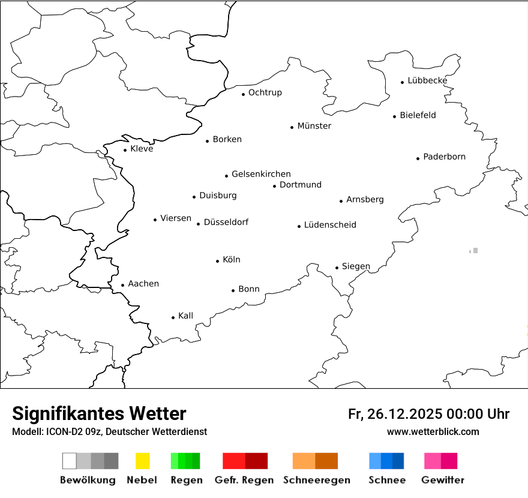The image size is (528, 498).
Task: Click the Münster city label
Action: click(x=314, y=126)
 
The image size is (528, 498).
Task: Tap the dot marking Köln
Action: click(x=217, y=261)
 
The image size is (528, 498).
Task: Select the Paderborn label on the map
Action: click(x=444, y=157)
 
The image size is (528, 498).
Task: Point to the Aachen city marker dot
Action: click(x=122, y=286)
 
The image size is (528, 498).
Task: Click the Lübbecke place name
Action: click(x=427, y=80)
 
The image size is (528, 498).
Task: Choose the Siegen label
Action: click(x=356, y=266)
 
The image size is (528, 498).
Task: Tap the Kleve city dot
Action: click(x=125, y=150)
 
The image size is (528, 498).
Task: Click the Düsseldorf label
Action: click(x=226, y=223)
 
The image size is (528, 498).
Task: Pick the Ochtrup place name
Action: click(x=265, y=92)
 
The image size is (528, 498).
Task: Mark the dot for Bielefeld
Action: click(x=395, y=116)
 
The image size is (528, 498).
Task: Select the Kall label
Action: click(x=186, y=316)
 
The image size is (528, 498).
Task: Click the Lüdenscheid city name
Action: click(x=330, y=225)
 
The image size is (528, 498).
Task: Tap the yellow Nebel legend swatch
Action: click(x=142, y=461)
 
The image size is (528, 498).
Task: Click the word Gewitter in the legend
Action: click(x=442, y=480)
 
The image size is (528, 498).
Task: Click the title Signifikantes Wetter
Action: click(x=99, y=413)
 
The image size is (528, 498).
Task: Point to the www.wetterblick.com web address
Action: click(x=433, y=431)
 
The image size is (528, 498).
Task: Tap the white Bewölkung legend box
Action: click(x=70, y=461)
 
